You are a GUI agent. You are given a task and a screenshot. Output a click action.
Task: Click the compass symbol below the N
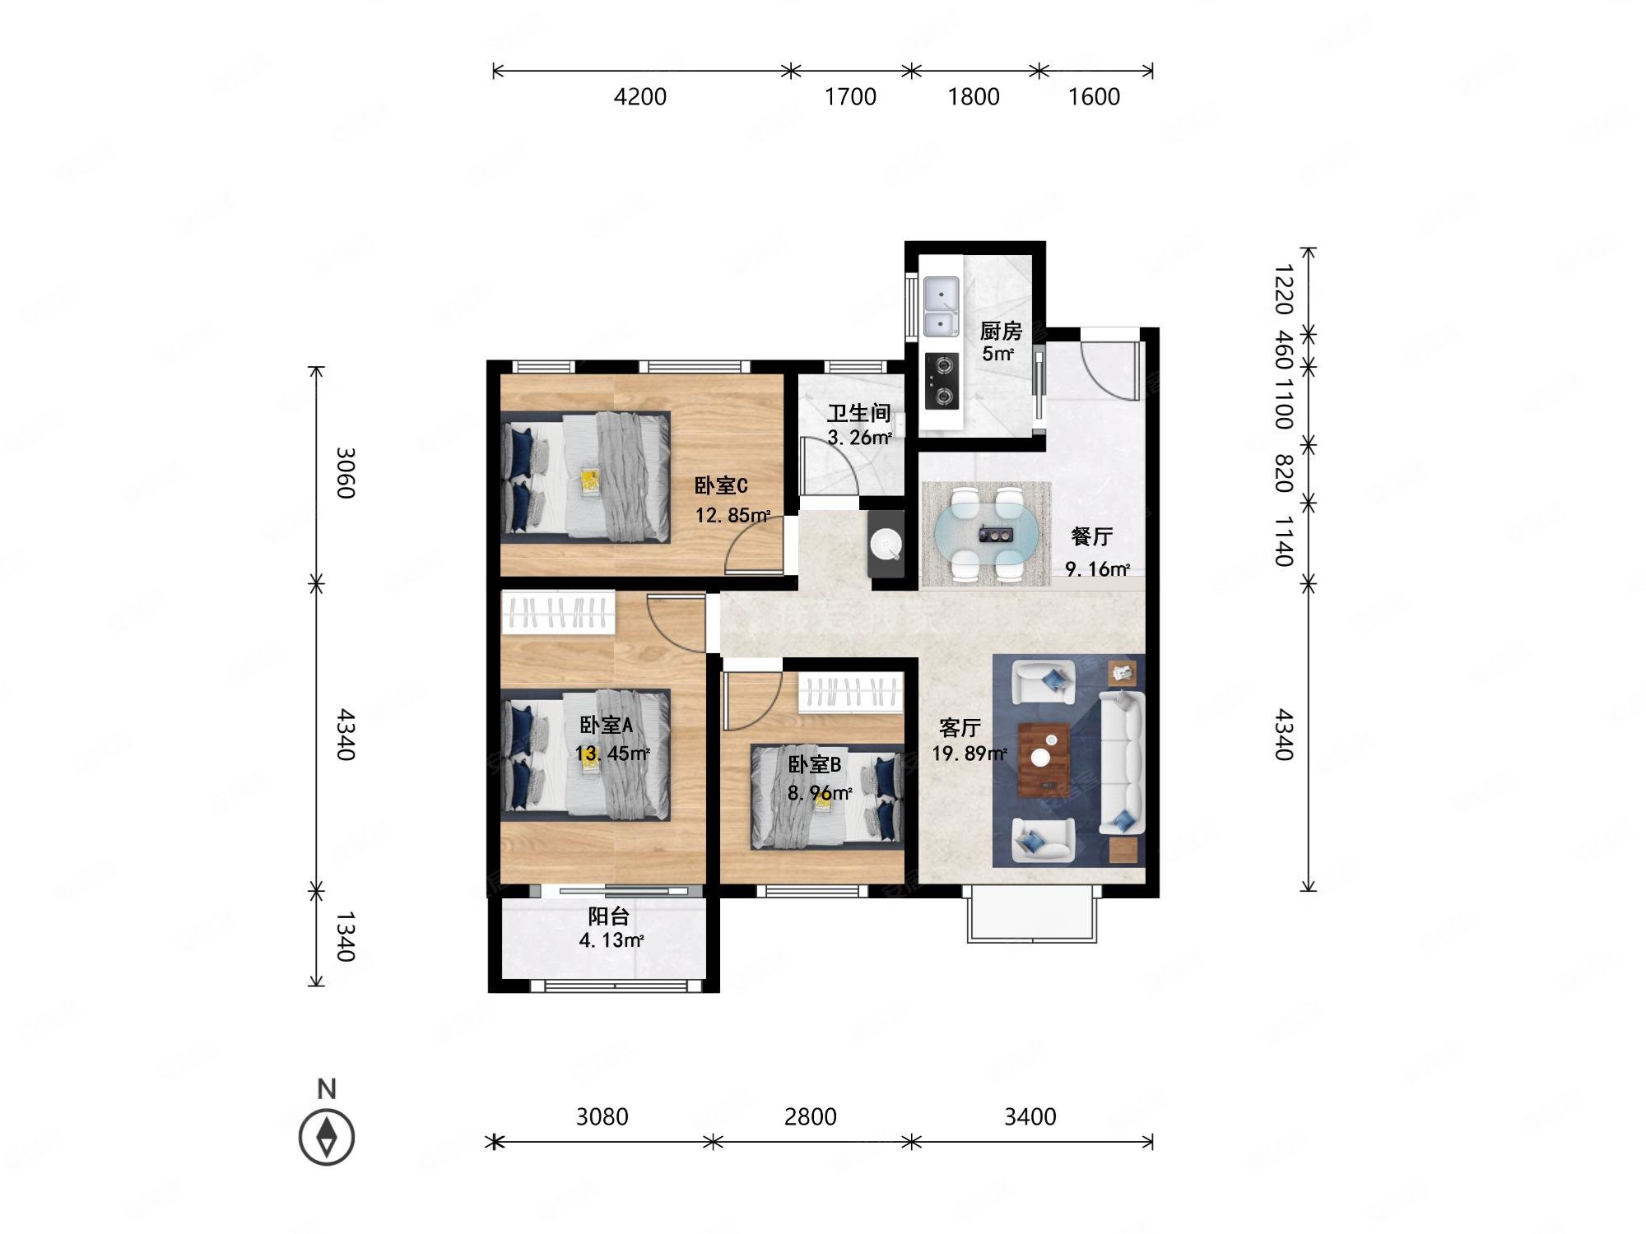(327, 1137)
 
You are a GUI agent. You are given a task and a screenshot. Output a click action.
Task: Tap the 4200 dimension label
(639, 97)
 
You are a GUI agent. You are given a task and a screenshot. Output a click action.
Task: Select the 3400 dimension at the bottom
(1030, 1116)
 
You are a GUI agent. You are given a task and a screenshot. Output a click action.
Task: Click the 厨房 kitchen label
(1000, 331)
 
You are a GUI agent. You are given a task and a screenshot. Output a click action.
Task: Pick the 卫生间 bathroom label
(858, 413)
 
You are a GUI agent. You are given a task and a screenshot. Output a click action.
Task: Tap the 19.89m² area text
(969, 753)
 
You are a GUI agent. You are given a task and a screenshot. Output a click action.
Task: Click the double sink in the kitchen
(941, 307)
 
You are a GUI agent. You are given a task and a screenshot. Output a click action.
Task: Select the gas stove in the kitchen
(941, 381)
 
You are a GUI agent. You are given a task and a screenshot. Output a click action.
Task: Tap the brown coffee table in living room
(1044, 759)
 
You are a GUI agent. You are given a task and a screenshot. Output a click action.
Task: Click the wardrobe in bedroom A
(558, 612)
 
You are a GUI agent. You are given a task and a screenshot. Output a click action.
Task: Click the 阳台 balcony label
(609, 916)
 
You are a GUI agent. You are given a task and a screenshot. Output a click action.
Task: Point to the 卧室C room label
(721, 485)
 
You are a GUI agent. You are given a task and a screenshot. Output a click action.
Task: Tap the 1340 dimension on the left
(345, 936)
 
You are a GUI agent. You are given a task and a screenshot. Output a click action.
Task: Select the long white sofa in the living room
(1122, 763)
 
